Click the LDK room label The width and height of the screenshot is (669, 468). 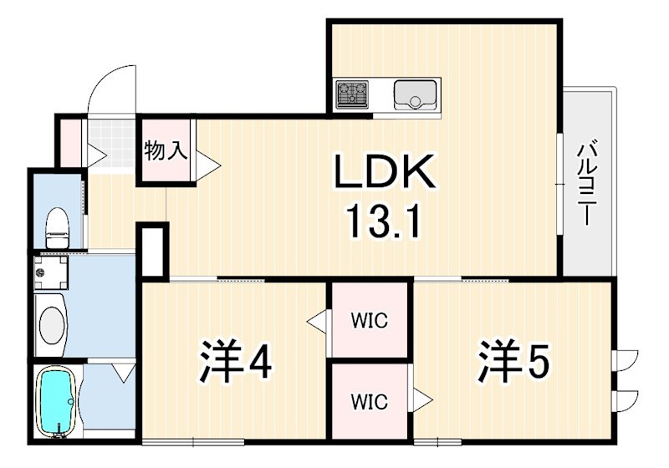tap(386, 173)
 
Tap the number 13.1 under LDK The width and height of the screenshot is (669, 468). tap(386, 223)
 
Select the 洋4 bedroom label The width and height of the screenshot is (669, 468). tap(235, 361)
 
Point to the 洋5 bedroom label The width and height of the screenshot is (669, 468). tap(513, 361)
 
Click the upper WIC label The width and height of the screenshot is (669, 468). tap(368, 320)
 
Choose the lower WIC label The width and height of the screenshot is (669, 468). tap(368, 401)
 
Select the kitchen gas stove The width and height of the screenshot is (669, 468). tap(352, 94)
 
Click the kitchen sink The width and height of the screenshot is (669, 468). tap(414, 94)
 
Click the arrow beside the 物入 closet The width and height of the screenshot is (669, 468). tap(207, 165)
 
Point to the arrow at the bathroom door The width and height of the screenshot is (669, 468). tap(123, 372)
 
